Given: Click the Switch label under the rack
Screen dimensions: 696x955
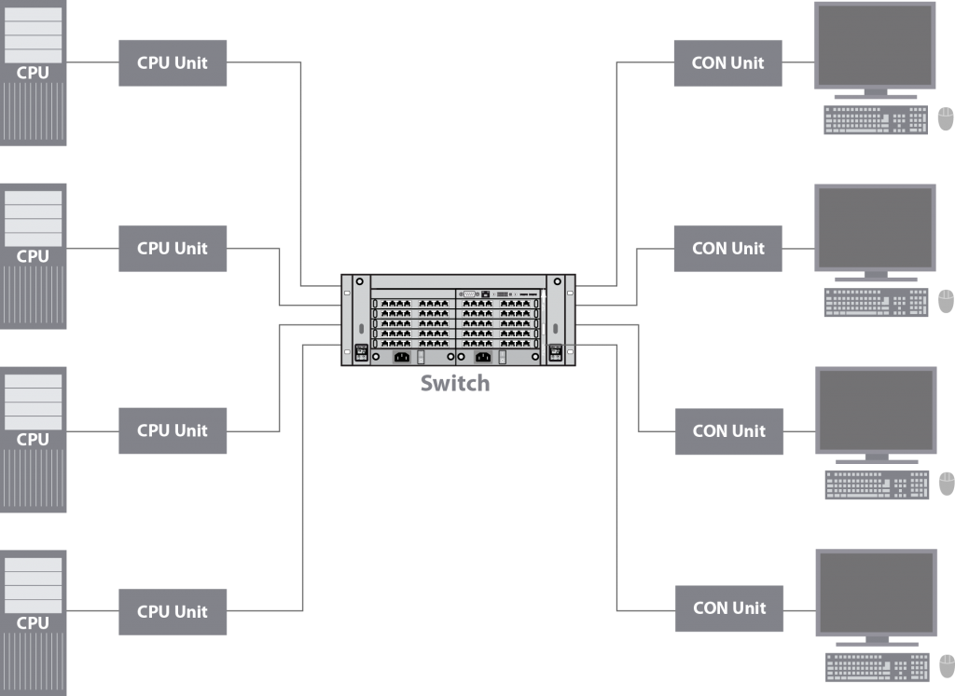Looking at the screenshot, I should [x=454, y=383].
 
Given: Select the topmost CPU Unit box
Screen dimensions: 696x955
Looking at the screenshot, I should [x=173, y=63].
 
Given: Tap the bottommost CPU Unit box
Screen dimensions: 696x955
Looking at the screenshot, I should [x=173, y=611].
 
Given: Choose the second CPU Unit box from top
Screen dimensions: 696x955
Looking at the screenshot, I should [x=173, y=249].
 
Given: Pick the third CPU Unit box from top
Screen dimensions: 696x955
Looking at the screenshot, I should [x=173, y=430].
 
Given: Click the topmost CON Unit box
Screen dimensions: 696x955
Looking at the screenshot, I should [x=727, y=63].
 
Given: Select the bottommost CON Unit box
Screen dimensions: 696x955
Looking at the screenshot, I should [x=729, y=607].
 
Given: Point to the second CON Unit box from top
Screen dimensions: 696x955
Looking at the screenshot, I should [x=727, y=249].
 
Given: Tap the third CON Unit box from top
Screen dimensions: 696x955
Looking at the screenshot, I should [x=728, y=430].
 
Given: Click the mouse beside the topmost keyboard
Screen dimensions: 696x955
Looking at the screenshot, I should [x=945, y=119].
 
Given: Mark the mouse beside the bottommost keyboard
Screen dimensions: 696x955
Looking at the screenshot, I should [x=946, y=666].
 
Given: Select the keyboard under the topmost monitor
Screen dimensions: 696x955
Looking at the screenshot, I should [x=876, y=120].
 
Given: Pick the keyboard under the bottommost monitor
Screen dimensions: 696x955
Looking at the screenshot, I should [x=877, y=667].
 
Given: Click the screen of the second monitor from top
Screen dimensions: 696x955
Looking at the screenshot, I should [x=876, y=227].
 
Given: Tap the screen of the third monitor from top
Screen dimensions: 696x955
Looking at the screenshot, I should [x=877, y=410].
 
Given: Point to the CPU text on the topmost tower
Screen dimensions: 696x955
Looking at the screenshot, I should [x=33, y=73].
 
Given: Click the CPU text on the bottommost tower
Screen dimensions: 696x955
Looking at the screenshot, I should [x=33, y=622].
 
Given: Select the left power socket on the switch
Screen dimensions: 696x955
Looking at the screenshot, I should [x=401, y=356].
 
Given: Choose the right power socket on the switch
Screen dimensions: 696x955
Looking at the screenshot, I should [x=483, y=356].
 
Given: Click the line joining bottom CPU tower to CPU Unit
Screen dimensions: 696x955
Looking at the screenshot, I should [x=92, y=611].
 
